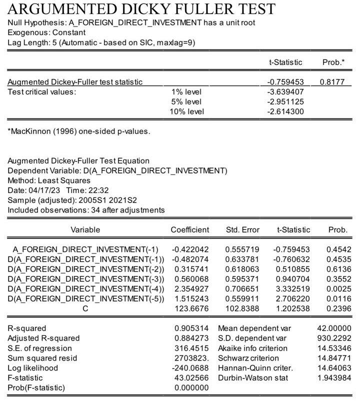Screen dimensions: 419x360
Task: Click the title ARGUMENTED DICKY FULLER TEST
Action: [141, 8]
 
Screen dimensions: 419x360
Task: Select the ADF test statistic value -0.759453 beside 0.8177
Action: [285, 82]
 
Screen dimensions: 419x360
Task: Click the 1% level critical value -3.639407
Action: [285, 92]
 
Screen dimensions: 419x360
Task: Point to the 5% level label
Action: [186, 101]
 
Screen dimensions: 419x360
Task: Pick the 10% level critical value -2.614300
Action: [285, 111]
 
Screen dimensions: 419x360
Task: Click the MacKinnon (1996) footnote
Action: [78, 131]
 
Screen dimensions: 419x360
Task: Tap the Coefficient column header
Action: [190, 229]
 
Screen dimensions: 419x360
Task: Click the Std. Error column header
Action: [242, 229]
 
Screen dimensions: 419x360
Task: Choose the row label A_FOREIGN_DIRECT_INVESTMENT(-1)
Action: [85, 249]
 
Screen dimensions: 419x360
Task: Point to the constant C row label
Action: [85, 308]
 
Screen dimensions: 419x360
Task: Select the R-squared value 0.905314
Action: [191, 328]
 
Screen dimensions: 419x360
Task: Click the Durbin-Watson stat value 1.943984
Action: [334, 378]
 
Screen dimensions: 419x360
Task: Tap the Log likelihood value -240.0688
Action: [190, 368]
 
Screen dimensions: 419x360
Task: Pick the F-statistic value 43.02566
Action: [191, 378]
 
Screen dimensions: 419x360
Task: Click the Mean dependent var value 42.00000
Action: [334, 328]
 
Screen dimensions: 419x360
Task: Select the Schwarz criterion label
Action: [248, 358]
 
